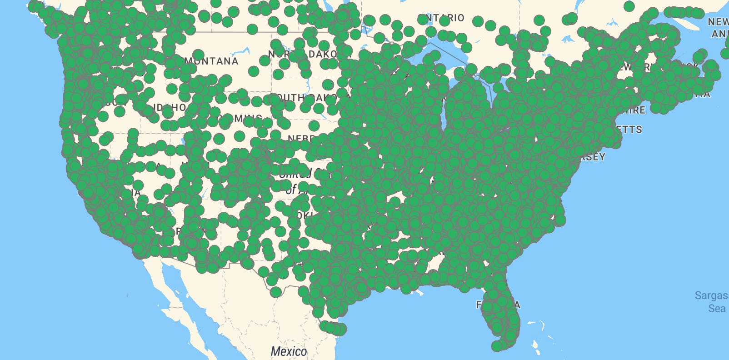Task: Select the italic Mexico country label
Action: tap(288, 351)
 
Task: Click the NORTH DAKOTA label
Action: tap(302, 54)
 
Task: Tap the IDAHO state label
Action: tap(171, 108)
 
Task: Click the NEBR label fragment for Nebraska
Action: tap(298, 138)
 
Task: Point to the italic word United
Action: tap(295, 173)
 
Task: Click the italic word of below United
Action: tap(291, 189)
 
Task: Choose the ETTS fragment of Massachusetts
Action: tap(629, 130)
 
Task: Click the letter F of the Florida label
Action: tap(479, 305)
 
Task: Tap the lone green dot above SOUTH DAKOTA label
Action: tap(328, 85)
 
